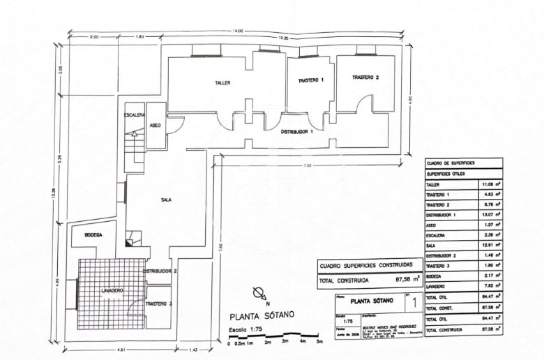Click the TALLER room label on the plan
222,83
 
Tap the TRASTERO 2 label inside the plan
365,77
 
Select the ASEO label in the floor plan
156,125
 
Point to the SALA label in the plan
166,200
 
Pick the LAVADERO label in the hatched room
112,290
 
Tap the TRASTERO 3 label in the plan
159,304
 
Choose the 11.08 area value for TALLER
486,184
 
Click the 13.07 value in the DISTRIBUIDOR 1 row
486,216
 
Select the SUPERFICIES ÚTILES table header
447,173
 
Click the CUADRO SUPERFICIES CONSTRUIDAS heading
366,266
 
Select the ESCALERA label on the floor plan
134,114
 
